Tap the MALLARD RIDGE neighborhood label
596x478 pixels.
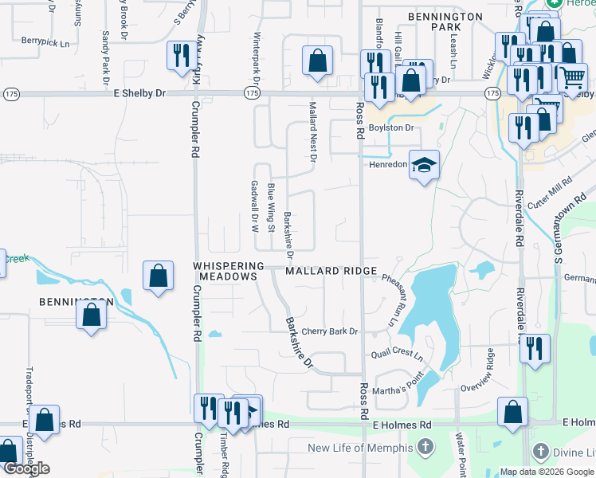331,272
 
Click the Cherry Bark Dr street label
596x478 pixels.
330,331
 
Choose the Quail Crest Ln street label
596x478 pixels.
397,355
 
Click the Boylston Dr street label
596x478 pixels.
390,127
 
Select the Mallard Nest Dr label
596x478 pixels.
313,132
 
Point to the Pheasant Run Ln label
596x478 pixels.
390,300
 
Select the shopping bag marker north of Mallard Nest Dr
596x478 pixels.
317,61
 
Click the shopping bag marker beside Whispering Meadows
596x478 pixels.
159,276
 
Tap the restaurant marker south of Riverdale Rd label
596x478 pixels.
535,348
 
